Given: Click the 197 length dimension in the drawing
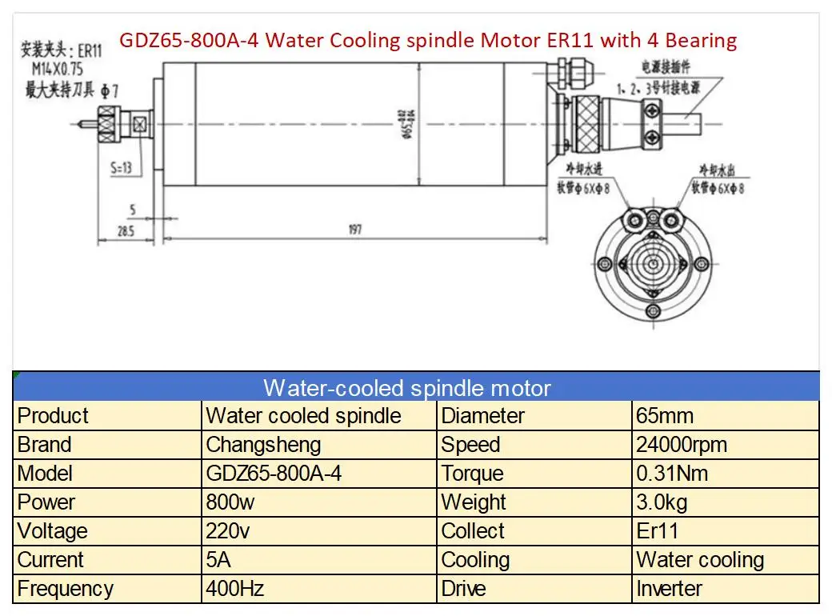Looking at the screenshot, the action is [355, 230].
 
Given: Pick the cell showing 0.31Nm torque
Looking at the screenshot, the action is [672, 474].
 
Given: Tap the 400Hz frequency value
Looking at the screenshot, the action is [235, 589].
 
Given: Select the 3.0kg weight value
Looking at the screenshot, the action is [662, 502].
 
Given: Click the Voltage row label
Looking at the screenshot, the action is [52, 531].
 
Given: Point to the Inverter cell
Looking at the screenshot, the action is [670, 589].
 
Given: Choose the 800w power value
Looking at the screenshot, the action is [230, 502].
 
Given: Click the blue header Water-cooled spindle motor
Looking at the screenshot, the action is [407, 389].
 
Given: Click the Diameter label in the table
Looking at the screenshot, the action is [483, 416].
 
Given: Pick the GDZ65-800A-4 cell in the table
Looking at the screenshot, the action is [274, 474].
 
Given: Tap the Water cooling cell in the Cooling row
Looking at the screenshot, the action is [700, 560].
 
